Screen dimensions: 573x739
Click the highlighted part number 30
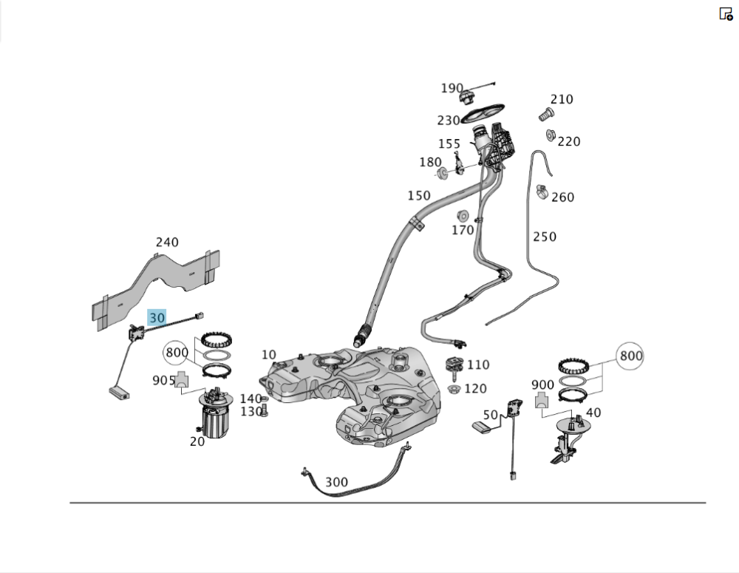point(157,318)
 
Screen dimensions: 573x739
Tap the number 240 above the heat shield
point(167,243)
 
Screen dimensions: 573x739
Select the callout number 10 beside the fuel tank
point(268,355)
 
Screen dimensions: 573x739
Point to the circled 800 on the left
point(177,352)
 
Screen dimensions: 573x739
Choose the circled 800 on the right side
point(630,356)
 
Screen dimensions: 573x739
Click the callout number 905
point(163,380)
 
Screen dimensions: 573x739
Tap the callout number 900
point(542,385)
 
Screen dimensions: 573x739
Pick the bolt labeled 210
point(546,115)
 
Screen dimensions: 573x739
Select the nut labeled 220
point(551,135)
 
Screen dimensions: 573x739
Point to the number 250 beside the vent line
point(545,237)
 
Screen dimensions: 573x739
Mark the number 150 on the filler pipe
point(419,196)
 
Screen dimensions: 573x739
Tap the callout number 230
point(449,121)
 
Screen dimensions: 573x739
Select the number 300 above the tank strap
point(336,482)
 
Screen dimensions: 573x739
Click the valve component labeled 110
point(453,366)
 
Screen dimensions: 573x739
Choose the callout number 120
point(475,389)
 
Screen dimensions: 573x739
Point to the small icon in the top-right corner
point(726,13)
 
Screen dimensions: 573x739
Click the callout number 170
point(463,230)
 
